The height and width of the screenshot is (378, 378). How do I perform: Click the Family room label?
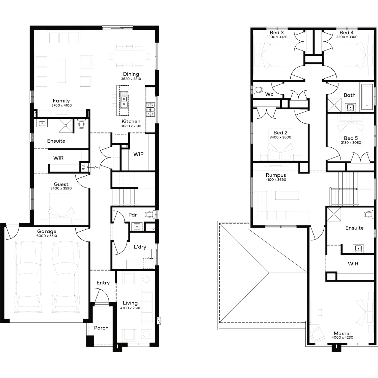(61, 101)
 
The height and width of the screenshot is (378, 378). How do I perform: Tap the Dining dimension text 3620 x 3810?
(131, 79)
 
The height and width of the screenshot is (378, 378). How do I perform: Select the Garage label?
(47, 231)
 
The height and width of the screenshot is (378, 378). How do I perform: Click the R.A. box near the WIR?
(84, 166)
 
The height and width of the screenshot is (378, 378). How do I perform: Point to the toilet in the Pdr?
(150, 214)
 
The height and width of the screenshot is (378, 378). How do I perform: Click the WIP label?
(139, 154)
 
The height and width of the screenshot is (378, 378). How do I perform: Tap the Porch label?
(101, 328)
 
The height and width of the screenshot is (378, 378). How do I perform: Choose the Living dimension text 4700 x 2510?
(130, 308)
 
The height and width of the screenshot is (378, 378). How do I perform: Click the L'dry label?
(140, 247)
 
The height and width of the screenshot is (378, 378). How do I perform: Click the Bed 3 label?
(277, 33)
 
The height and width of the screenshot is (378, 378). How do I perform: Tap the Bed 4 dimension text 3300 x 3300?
(347, 37)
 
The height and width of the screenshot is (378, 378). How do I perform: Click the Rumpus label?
(276, 175)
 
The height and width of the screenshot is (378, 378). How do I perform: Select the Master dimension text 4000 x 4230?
(342, 337)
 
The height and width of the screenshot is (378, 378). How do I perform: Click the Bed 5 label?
(351, 138)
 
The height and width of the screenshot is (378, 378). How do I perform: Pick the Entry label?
(103, 283)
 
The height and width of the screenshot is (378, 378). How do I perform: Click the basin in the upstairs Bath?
(350, 107)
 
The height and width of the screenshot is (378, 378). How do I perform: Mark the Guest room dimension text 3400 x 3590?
(61, 188)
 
